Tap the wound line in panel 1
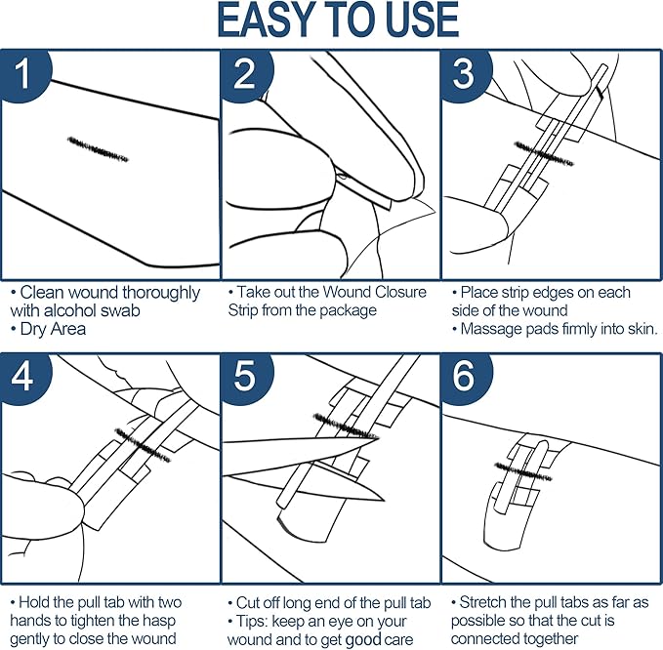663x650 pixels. tap(98, 149)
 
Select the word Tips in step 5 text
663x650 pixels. tap(256, 622)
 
